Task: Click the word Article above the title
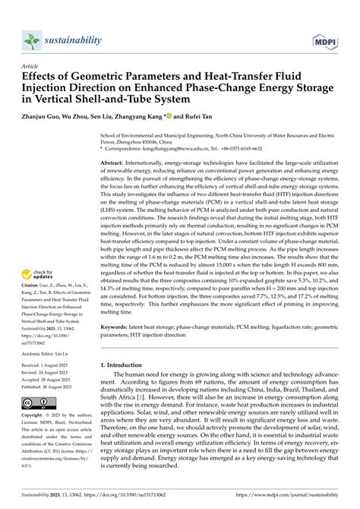tap(31, 67)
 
